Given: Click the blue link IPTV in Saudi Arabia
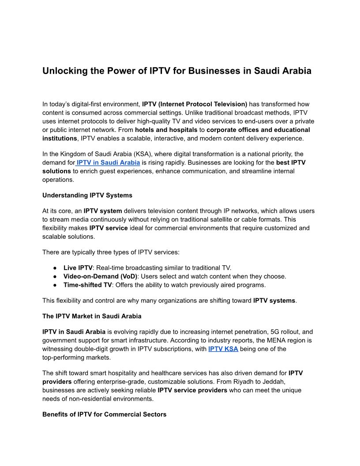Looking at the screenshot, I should [x=108, y=162].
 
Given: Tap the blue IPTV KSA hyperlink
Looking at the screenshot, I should [x=223, y=349].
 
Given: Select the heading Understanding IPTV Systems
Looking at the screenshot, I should [x=87, y=195].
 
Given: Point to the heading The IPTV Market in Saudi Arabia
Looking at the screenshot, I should [x=92, y=316].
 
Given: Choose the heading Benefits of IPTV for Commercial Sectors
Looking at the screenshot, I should [x=105, y=414].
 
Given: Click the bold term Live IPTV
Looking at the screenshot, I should [x=78, y=267].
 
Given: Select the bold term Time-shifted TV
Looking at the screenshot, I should [x=88, y=285].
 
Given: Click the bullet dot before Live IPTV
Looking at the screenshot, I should [x=55, y=267].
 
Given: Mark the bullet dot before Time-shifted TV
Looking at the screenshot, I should [x=55, y=285].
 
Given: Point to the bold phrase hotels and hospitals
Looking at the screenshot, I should [x=166, y=130].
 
